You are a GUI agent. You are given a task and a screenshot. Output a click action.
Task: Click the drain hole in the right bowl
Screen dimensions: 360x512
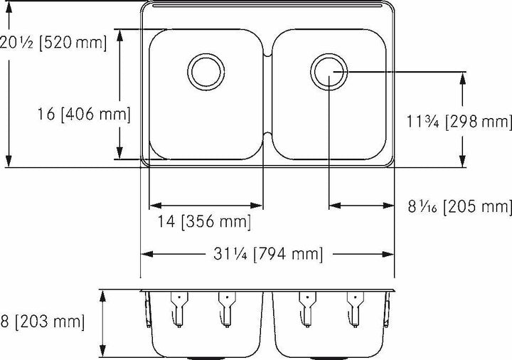329,70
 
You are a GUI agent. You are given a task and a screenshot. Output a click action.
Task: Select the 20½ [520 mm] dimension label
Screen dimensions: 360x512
53,43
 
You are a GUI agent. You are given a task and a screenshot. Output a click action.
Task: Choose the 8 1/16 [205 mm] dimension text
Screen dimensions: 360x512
459,207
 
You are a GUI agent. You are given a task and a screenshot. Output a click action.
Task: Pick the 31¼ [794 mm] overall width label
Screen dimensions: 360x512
268,253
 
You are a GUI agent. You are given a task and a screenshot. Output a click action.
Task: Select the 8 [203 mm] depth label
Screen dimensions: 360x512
43,322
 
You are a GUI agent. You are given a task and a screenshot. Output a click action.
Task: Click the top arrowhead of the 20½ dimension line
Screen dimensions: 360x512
9,6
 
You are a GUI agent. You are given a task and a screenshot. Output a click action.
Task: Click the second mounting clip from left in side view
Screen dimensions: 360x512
226,306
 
